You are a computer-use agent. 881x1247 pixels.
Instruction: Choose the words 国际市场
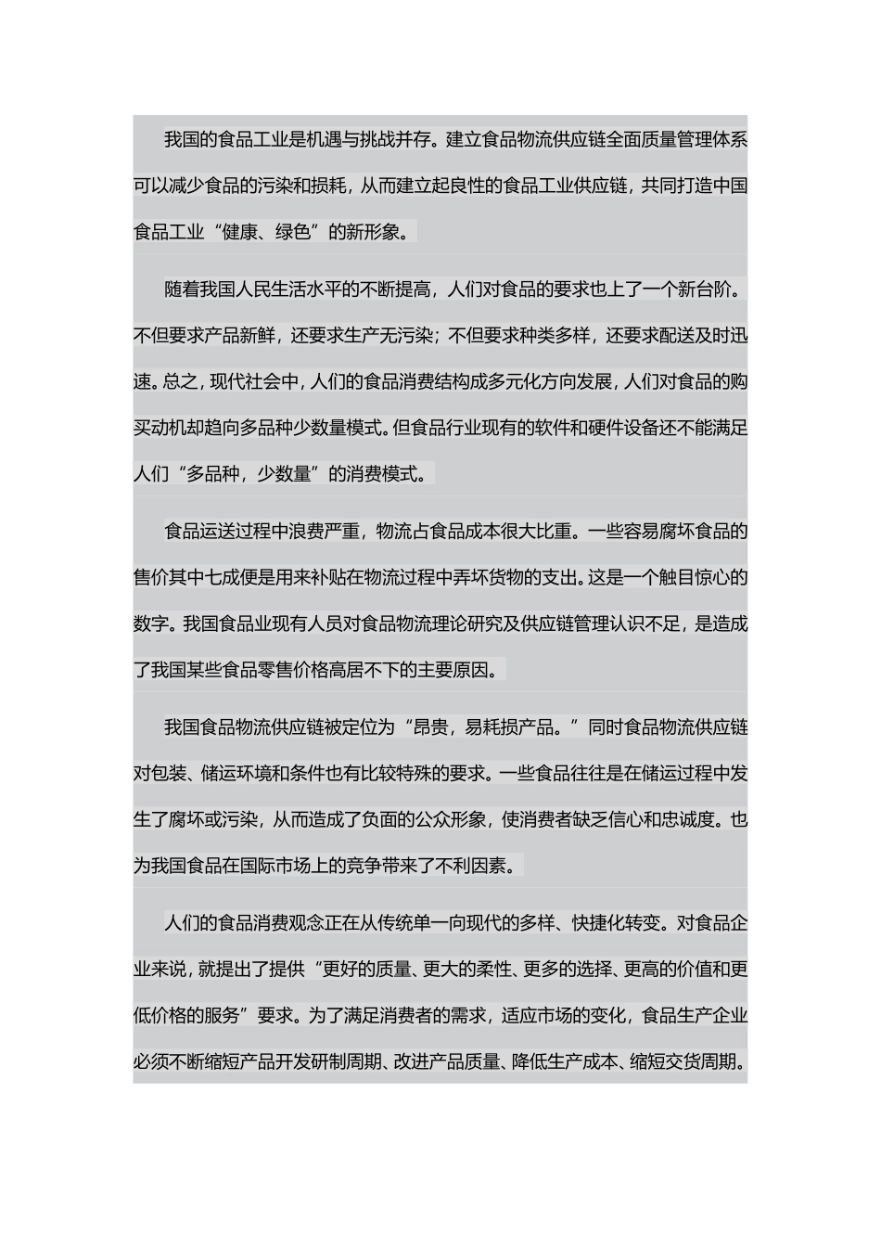[275, 866]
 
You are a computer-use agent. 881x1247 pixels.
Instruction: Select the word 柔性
[492, 970]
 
